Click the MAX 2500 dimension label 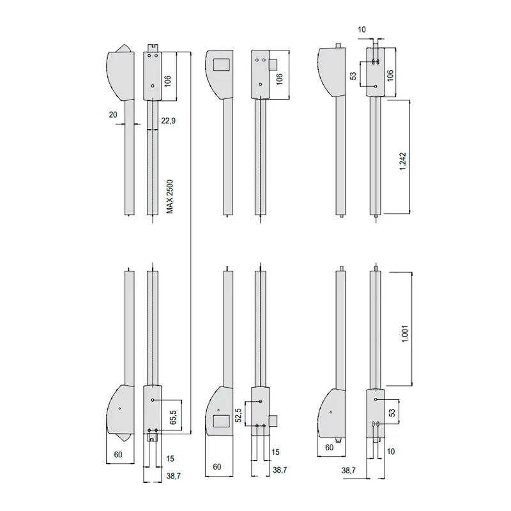point(170,197)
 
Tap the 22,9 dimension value point(168,121)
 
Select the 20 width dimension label point(113,115)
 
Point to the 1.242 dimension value point(403,162)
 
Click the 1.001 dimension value point(405,333)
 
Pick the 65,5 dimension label point(172,417)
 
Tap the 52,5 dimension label point(238,415)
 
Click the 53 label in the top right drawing point(353,76)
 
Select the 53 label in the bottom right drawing point(392,413)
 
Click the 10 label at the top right point(362,29)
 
